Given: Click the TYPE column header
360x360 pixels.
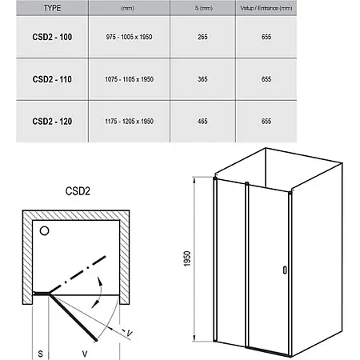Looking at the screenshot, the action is pos(52,8).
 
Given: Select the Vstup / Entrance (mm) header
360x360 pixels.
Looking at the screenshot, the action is pos(266,8).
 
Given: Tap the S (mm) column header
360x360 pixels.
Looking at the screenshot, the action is pos(204,8).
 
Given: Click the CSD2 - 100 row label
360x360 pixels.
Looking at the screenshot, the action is pos(52,37).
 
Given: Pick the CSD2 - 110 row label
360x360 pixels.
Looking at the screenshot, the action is pos(52,79).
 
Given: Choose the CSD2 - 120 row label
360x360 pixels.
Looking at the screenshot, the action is pos(52,122).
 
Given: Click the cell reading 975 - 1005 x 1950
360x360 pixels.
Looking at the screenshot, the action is pos(129,37).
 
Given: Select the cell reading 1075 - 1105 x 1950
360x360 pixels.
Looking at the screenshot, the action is pos(129,79).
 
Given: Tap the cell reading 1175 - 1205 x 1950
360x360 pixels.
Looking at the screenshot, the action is pos(129,122).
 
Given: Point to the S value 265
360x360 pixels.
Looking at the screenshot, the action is pos(202,37).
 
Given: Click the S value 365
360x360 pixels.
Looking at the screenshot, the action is pos(202,79).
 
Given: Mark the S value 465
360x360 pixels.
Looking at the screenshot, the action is pos(202,122).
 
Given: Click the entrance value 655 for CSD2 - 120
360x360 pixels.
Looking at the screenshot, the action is pos(266,122).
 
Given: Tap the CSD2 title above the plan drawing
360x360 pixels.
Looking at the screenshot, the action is pos(78,191).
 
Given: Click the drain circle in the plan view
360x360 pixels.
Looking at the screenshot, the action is pos(44,230).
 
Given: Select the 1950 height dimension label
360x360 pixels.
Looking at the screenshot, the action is pos(187,258).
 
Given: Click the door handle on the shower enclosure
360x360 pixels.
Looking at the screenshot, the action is pos(285,270).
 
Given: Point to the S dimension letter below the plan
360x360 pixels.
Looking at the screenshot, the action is pos(40,354).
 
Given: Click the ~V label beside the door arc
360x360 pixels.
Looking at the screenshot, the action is pos(127,332).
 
